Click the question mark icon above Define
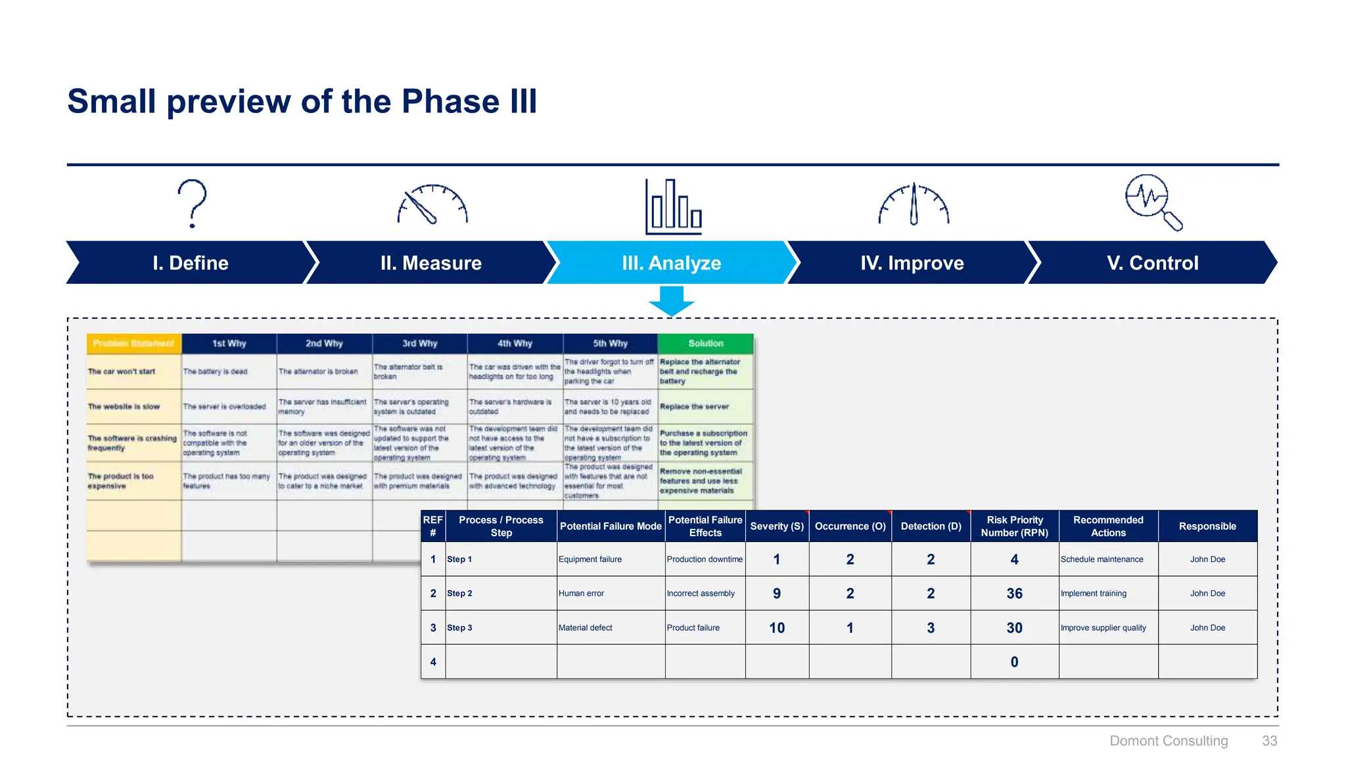pyautogui.click(x=192, y=203)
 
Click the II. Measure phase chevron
pyautogui.click(x=430, y=263)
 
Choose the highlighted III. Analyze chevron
pyautogui.click(x=671, y=263)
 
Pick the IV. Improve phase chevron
pyautogui.click(x=912, y=263)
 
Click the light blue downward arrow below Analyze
pyautogui.click(x=671, y=301)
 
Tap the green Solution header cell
pyautogui.click(x=705, y=344)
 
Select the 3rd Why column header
pyautogui.click(x=419, y=344)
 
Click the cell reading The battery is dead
pyautogui.click(x=216, y=372)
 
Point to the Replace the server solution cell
pyautogui.click(x=695, y=407)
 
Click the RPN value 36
pyautogui.click(x=1014, y=593)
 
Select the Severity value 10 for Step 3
pyautogui.click(x=777, y=628)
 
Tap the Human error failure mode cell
pyautogui.click(x=582, y=593)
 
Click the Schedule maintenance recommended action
pyautogui.click(x=1102, y=559)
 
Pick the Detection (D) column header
pyautogui.click(x=931, y=526)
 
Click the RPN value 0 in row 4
pyautogui.click(x=1014, y=662)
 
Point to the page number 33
pyautogui.click(x=1269, y=741)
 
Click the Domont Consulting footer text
pyautogui.click(x=1168, y=741)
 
